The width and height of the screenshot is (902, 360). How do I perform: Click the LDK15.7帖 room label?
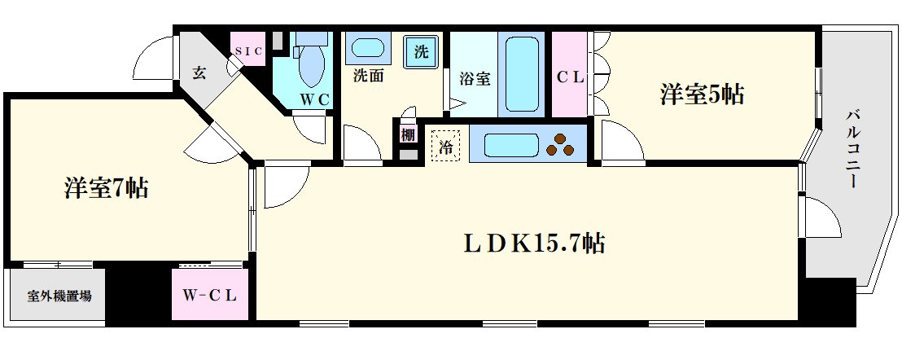(x=535, y=244)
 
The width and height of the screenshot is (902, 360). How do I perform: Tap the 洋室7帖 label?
(x=107, y=189)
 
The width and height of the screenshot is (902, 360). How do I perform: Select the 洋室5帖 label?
(x=702, y=95)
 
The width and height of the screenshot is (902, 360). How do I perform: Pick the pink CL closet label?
(x=570, y=78)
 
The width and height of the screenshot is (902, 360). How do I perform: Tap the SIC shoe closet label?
(x=248, y=51)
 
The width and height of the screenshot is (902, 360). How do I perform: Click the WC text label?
(x=314, y=99)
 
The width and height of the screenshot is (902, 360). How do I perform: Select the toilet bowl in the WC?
(x=310, y=67)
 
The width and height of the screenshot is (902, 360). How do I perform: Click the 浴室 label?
(x=475, y=79)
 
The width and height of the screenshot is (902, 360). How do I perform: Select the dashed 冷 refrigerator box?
(x=446, y=147)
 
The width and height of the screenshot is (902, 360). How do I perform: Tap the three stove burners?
(x=561, y=145)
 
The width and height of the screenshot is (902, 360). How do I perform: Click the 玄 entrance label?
(x=199, y=72)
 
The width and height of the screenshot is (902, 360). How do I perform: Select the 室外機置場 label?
(x=59, y=296)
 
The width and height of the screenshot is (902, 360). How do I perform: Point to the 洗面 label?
(x=369, y=78)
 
